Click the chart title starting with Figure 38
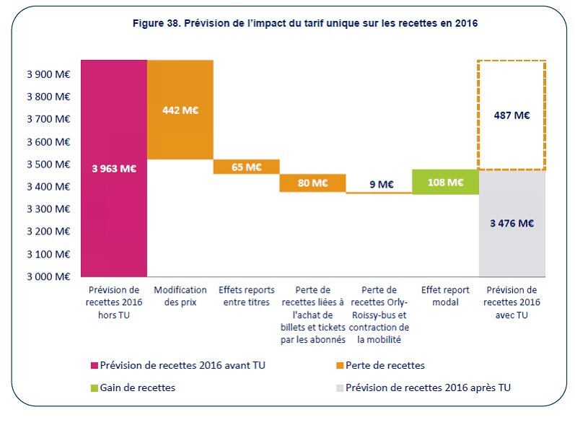point(305,23)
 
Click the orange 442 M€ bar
point(180,110)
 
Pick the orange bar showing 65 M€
point(247,167)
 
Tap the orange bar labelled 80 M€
point(312,183)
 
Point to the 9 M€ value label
point(379,184)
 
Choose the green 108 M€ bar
point(446,182)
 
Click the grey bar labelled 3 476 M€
point(512,223)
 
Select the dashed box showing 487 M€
point(512,115)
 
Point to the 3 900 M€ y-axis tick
point(49,74)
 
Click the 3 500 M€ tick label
point(49,164)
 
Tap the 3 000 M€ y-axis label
point(49,276)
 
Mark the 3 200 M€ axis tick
point(49,232)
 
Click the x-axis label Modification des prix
point(180,296)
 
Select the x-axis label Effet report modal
point(446,296)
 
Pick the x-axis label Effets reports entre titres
point(247,296)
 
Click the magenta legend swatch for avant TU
point(94,366)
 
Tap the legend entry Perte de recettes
point(385,366)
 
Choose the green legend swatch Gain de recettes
point(94,387)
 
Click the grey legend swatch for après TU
point(338,387)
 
